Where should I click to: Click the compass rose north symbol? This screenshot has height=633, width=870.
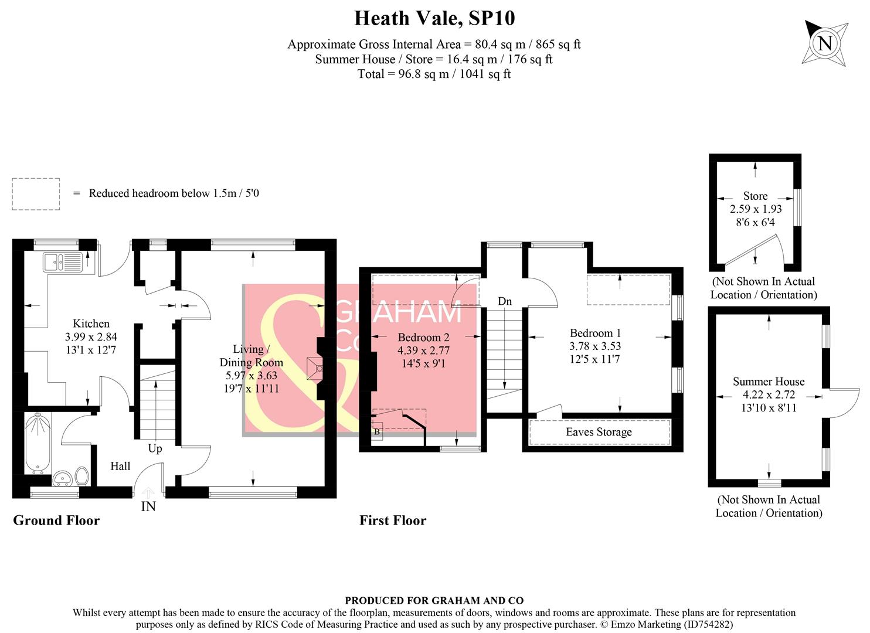click(825, 43)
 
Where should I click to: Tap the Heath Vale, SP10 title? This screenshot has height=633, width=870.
click(434, 18)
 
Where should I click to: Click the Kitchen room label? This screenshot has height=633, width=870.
click(91, 324)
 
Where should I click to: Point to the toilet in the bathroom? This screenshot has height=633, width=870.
click(81, 475)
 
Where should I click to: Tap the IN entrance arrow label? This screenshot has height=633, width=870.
click(148, 506)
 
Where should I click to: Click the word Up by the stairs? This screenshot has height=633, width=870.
click(155, 448)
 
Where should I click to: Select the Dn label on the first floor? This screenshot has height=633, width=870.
click(505, 301)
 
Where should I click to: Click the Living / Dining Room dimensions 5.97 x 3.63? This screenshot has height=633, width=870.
click(251, 375)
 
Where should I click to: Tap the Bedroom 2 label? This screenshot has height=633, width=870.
click(423, 338)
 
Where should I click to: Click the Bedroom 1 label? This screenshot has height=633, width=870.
click(595, 333)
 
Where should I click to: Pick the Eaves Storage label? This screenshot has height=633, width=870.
click(599, 432)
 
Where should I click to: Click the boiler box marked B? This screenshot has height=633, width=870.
click(377, 432)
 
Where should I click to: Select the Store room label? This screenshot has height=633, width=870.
click(755, 196)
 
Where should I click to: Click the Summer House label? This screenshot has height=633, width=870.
click(769, 382)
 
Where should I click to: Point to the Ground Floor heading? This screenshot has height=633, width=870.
click(56, 520)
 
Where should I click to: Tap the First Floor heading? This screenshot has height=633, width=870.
click(393, 520)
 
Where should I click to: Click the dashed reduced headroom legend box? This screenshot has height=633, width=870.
click(36, 194)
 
